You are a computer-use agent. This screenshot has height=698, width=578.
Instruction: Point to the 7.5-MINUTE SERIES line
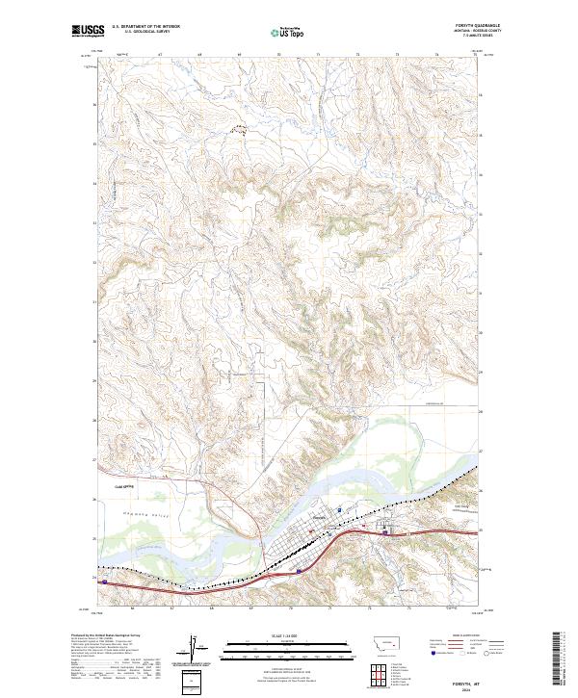[478, 37]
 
